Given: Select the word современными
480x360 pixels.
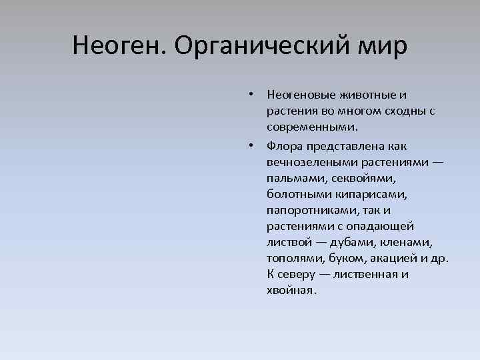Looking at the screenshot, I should click(311, 126).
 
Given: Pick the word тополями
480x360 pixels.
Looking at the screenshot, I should click(293, 258).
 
